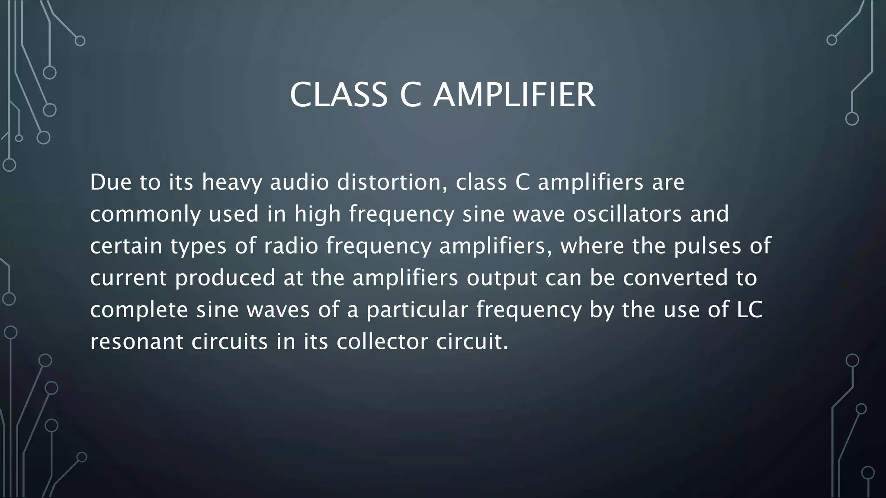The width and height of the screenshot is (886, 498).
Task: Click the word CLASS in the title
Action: (x=338, y=95)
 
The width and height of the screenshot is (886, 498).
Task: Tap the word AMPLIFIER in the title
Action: (x=514, y=95)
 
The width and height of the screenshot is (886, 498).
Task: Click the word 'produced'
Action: (x=225, y=278)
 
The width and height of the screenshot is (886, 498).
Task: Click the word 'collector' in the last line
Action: (x=382, y=342)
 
